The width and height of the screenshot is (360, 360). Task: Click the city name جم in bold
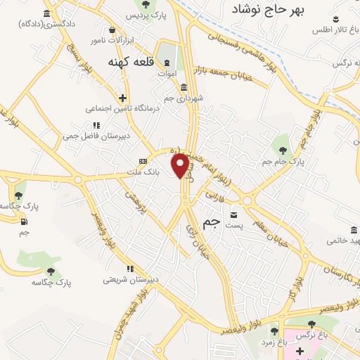tap(211, 221)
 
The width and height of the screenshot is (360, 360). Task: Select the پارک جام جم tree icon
tap(283, 149)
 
